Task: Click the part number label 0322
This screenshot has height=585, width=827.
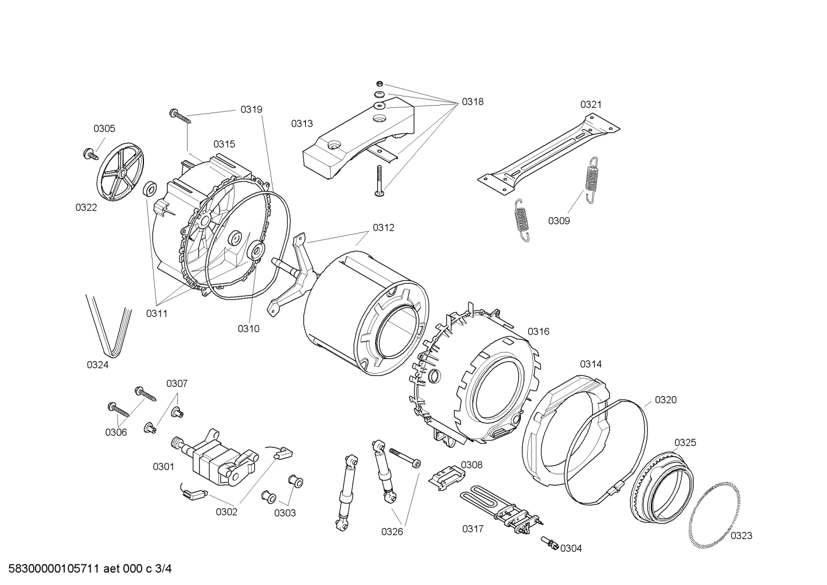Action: (86, 207)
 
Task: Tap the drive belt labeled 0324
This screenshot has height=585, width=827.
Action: (110, 324)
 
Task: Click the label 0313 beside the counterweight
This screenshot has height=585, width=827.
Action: (302, 123)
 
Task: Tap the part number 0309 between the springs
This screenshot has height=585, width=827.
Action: (559, 220)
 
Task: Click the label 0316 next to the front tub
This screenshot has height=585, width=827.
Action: (539, 331)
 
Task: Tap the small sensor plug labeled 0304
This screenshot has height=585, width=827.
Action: (551, 543)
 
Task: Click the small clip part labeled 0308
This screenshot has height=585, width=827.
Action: (446, 476)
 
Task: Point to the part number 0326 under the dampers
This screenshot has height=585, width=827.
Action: (392, 532)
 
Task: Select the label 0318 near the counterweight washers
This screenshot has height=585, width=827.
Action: (473, 102)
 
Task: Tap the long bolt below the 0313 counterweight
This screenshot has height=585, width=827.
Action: (379, 181)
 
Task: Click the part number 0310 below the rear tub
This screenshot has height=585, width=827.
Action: (248, 328)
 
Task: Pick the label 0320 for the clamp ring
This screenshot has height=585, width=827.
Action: (665, 400)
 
